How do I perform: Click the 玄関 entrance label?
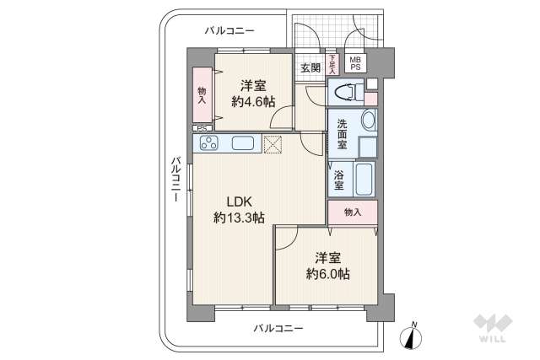(309, 67)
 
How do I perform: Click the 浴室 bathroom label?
(338, 179)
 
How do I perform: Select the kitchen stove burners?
(209, 143)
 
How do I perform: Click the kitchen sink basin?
(243, 143)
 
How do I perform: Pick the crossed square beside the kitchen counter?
(273, 144)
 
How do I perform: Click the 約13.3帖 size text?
(239, 218)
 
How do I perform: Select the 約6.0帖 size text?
(328, 275)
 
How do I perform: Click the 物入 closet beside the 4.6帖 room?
(202, 95)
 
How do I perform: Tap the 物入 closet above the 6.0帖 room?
(352, 212)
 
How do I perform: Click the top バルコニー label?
(229, 31)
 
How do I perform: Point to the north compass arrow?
(413, 335)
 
